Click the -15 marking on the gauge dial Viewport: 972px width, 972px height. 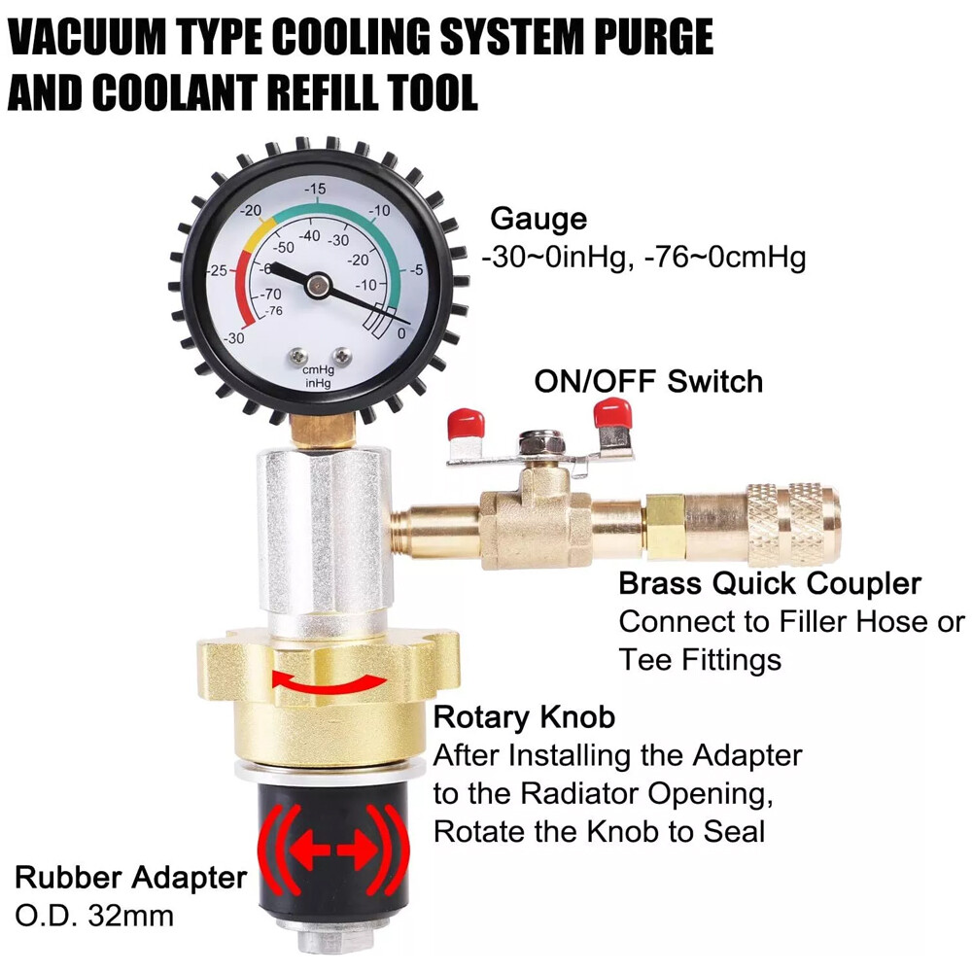tap(315, 189)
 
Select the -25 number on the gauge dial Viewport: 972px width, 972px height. tap(219, 270)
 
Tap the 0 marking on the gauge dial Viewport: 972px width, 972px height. tap(401, 333)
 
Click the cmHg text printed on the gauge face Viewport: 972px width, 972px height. tap(317, 370)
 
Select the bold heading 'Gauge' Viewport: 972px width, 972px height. tap(538, 219)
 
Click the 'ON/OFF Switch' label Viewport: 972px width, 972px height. tap(648, 381)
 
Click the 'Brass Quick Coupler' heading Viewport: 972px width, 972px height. tap(770, 583)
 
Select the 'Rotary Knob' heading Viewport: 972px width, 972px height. tap(524, 717)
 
